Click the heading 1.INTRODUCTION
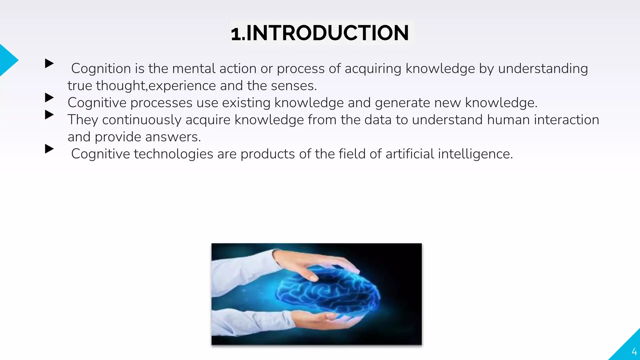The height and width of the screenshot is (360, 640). (320, 33)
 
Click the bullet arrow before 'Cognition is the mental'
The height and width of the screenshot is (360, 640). (49, 63)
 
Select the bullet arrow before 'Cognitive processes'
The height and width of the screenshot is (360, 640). (49, 97)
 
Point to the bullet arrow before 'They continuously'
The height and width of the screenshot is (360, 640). (49, 115)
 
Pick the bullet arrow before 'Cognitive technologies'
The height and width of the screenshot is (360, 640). (49, 149)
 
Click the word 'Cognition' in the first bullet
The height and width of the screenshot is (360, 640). (101, 68)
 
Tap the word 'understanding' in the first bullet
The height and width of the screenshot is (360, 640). (543, 68)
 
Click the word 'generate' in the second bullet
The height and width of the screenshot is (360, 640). (402, 103)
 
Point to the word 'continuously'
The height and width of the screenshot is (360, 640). (142, 120)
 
